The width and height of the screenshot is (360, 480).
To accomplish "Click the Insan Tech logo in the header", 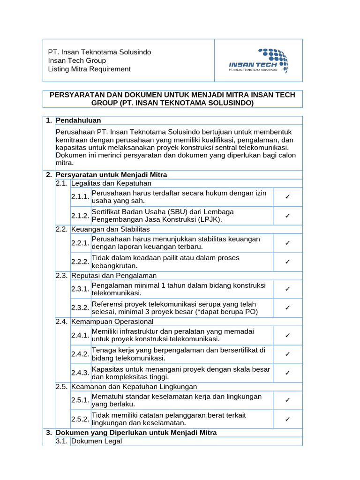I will [x=258, y=60].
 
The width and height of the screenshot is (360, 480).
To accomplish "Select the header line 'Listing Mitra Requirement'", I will [x=90, y=69].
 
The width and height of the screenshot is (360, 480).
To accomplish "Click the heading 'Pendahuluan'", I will [x=78, y=120].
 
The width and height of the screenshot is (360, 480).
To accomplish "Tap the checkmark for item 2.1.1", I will [x=287, y=197].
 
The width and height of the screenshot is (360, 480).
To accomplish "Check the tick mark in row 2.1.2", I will [x=287, y=216].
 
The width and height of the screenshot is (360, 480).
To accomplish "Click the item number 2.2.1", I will [x=80, y=243].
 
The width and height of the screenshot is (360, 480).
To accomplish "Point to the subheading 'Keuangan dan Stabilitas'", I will [x=110, y=229].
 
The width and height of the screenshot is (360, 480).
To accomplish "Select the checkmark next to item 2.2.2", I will [x=287, y=262].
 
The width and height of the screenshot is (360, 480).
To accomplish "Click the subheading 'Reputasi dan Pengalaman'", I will [x=113, y=276].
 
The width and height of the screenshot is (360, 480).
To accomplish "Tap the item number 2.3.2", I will [x=80, y=307].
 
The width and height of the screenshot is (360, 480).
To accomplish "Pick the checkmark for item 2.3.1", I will [x=287, y=289].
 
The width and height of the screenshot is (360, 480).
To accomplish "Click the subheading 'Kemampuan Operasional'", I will [x=112, y=322].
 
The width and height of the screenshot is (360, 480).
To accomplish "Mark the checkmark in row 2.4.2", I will [x=287, y=354].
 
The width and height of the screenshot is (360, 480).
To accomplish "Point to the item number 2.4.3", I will [x=80, y=373].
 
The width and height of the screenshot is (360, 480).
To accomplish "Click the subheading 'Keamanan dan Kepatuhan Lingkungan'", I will [x=134, y=387].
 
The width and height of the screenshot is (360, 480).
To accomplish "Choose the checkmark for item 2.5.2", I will [x=287, y=419].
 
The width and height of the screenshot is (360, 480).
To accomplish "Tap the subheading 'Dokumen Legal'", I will [x=97, y=441].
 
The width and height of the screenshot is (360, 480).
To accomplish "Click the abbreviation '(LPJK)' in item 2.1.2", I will [x=210, y=219].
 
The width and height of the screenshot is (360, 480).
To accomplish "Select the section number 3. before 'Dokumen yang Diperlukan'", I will [x=49, y=433].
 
